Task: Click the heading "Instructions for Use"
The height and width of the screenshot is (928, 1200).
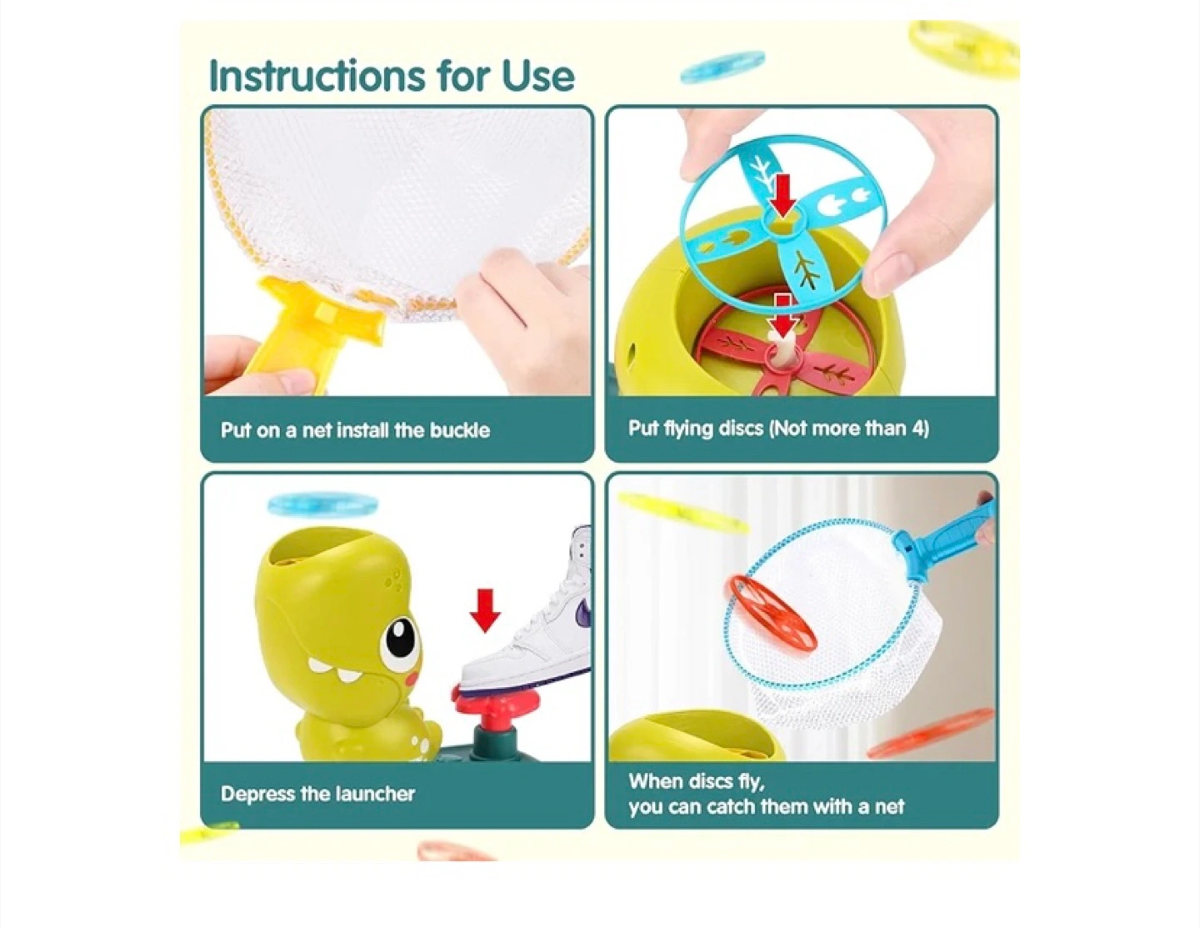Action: point(392,75)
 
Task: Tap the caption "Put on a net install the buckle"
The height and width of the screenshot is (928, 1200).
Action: point(355,430)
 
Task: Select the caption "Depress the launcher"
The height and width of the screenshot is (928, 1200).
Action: point(317,795)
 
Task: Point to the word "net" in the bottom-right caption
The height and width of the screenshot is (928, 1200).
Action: point(889,808)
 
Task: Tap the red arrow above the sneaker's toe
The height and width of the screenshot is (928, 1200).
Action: point(485,610)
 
